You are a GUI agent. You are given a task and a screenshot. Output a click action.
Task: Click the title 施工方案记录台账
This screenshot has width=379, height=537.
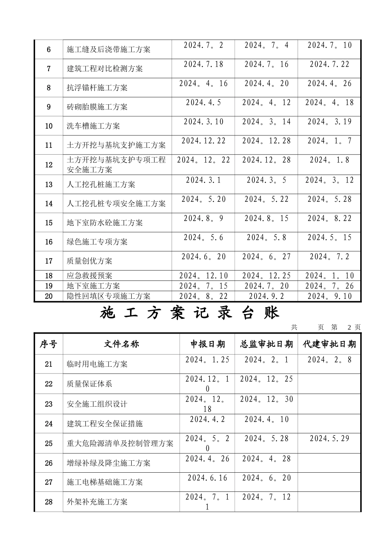[189, 313]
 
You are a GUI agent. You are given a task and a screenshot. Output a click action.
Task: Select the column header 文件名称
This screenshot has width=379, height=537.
[121, 344]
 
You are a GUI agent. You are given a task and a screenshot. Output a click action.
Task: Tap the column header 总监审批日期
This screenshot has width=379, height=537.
[266, 344]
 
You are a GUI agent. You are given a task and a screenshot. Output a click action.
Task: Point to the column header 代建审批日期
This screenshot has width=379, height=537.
[329, 344]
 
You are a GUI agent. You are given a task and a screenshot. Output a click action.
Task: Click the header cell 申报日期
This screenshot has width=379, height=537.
[207, 344]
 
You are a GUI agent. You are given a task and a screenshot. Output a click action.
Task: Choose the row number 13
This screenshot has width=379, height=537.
[49, 185]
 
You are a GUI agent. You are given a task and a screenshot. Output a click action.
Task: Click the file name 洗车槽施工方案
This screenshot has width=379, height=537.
[93, 126]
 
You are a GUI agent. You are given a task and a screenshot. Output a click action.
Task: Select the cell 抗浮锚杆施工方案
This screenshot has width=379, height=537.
[97, 88]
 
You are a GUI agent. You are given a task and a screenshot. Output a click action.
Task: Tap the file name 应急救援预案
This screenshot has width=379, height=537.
[89, 276]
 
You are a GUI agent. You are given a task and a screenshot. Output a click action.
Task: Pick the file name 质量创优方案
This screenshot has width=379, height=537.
[89, 261]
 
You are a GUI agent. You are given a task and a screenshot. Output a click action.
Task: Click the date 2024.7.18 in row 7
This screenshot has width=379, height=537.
[203, 64]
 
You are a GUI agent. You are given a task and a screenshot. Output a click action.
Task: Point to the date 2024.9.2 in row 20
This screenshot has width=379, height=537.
[266, 296]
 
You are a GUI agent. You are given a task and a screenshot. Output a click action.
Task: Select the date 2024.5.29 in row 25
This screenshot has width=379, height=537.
[329, 438]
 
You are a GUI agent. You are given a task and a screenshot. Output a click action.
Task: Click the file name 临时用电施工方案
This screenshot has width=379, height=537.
[97, 364]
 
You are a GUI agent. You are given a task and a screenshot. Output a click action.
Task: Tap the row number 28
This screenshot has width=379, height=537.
[49, 502]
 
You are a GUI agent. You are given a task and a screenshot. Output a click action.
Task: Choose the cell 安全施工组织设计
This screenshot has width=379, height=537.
[97, 404]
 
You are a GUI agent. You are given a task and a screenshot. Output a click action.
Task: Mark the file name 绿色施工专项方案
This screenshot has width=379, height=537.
[97, 242]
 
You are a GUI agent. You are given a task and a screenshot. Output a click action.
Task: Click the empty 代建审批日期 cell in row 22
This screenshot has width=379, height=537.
[329, 384]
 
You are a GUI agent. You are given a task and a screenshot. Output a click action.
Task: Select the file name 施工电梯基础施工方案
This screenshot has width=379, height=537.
[105, 482]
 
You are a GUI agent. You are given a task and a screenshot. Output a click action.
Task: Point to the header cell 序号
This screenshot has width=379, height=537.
[49, 344]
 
